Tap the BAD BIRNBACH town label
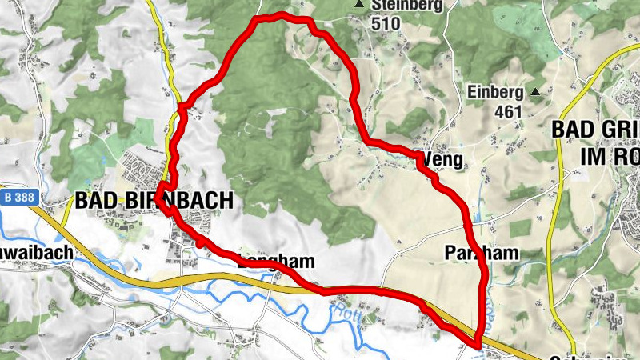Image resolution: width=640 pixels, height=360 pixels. [x=154, y=201]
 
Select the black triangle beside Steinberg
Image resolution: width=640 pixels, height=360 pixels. [x=359, y=5]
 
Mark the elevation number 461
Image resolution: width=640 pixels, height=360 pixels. [x=508, y=111]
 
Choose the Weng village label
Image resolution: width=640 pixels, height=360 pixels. [x=439, y=161]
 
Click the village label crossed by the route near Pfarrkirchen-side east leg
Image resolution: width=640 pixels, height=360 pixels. [x=482, y=254]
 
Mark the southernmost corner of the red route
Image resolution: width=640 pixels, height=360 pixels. [x=478, y=345]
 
